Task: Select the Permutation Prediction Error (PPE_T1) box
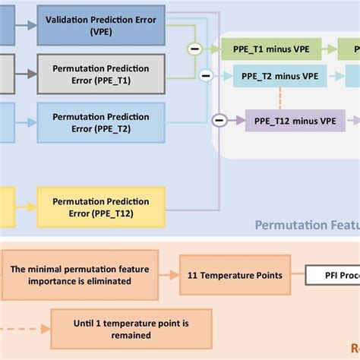click(x=100, y=74)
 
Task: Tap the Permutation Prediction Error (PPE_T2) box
click(x=100, y=123)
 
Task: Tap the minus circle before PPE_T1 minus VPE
click(x=194, y=49)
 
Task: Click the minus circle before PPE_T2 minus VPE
click(x=204, y=76)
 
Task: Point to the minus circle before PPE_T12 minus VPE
click(x=219, y=119)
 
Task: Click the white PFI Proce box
click(x=332, y=276)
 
